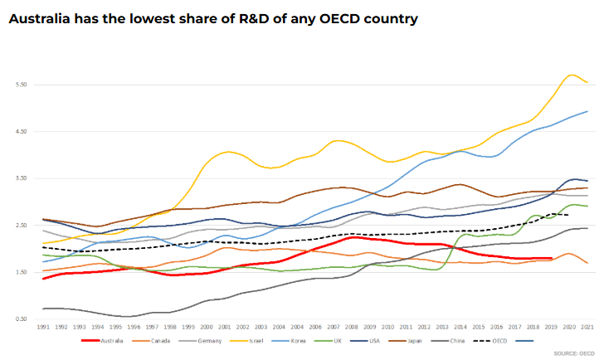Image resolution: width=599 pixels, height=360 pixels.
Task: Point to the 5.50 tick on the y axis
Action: pos(22,85)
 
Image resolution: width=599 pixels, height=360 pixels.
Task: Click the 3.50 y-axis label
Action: pos(22,178)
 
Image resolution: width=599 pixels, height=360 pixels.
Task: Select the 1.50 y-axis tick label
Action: pos(22,272)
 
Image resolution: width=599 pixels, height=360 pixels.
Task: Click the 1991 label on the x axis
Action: pos(43,327)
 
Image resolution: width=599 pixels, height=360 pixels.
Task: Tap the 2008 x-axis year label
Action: pos(352,327)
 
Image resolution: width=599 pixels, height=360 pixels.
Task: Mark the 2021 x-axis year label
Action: pos(587,327)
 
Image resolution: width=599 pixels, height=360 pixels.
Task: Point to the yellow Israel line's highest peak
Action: pos(571,75)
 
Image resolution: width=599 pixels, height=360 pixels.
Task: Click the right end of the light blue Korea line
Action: pos(587,111)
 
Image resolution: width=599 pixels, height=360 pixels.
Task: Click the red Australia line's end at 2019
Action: pos(551,259)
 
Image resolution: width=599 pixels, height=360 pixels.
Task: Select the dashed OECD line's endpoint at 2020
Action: pos(568,215)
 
